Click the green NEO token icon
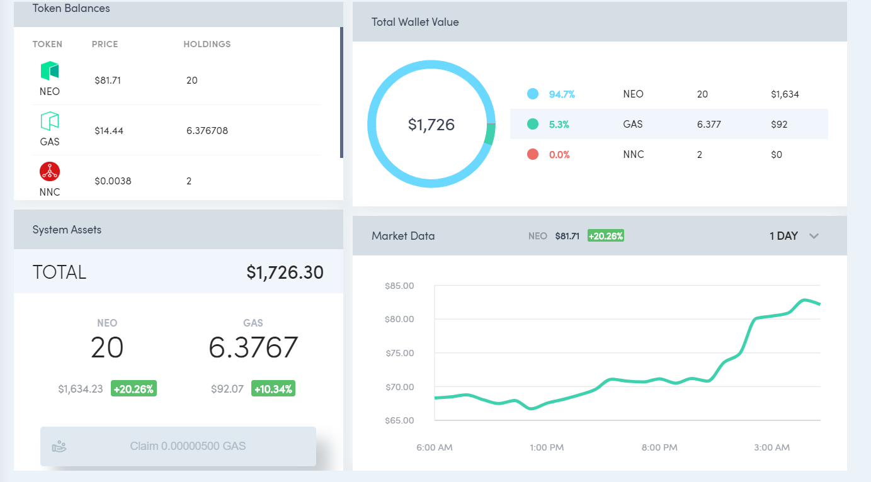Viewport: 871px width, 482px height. click(x=50, y=70)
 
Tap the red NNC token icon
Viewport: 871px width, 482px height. click(x=50, y=171)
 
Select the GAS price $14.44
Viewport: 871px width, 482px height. click(x=109, y=130)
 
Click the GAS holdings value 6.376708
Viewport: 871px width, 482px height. click(x=207, y=130)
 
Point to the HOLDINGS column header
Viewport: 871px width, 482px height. click(x=207, y=44)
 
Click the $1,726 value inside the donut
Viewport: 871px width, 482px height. click(x=431, y=125)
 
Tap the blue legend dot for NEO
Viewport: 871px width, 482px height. click(x=533, y=94)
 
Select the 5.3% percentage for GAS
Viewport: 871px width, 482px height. click(x=559, y=125)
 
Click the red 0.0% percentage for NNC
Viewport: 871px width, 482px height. click(x=559, y=155)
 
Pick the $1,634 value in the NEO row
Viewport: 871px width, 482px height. click(x=785, y=94)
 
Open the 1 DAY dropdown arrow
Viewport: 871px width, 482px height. click(x=814, y=236)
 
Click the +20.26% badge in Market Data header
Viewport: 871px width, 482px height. click(x=605, y=236)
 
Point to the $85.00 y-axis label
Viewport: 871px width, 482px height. click(x=399, y=286)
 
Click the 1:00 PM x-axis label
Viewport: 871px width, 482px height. click(x=547, y=447)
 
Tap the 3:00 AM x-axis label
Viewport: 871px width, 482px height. click(x=772, y=447)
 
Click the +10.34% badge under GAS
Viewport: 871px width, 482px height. click(x=273, y=388)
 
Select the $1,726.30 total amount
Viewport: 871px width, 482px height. click(x=285, y=272)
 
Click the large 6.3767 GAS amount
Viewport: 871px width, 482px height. click(x=253, y=347)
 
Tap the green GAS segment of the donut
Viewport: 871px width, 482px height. click(x=490, y=135)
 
